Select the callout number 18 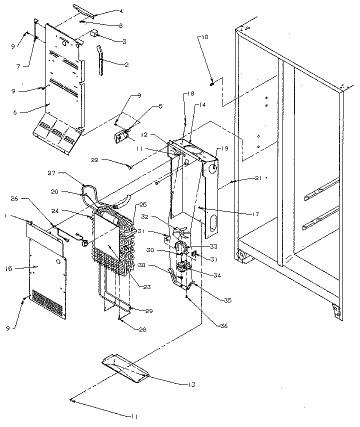[191, 94]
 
